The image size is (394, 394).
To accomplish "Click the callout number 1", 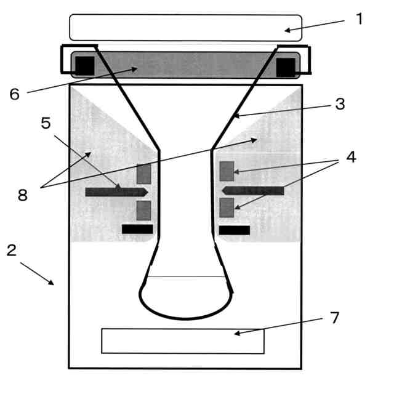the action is pos(360,18).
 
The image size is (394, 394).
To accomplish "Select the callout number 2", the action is pos(11,251).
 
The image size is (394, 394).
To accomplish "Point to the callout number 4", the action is pos(351,157).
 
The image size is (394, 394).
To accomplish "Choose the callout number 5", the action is pos(46,123).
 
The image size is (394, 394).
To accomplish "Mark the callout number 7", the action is pos(335,318).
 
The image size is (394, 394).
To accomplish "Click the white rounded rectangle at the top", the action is pos(185,28).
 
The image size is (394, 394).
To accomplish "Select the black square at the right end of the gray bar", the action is pos(286,66).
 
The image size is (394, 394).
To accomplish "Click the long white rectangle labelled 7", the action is pos(183,341).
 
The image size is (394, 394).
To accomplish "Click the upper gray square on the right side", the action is pos(227,171).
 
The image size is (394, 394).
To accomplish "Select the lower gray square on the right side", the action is pos(227,207).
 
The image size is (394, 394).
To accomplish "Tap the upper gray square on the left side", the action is pos(143,174).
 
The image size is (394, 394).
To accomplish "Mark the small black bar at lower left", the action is pos(137,229).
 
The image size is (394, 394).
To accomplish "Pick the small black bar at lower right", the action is pos(235,230).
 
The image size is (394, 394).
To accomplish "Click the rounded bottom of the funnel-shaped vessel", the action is pos(186,302).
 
